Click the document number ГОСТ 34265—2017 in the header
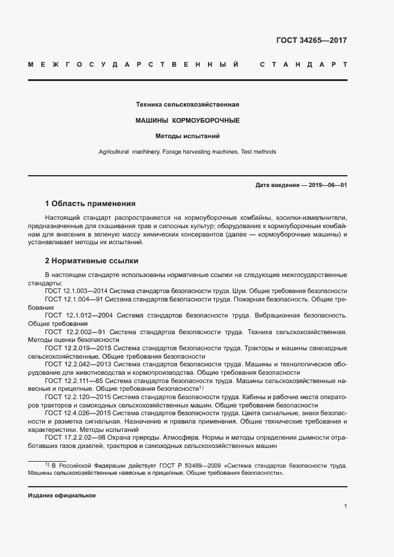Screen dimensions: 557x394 [x=311, y=41]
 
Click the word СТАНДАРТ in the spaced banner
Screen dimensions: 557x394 [x=303, y=64]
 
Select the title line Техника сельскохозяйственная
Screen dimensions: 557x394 [x=188, y=105]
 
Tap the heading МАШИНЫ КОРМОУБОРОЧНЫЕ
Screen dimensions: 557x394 [x=188, y=120]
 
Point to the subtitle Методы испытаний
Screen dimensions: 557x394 [x=188, y=136]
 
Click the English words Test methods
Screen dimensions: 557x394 [x=259, y=152]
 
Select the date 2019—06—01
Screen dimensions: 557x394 [x=326, y=185]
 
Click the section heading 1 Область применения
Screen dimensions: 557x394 [x=91, y=203]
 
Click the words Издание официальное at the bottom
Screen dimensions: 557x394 [x=61, y=496]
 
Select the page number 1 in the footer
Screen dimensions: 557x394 [x=345, y=506]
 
